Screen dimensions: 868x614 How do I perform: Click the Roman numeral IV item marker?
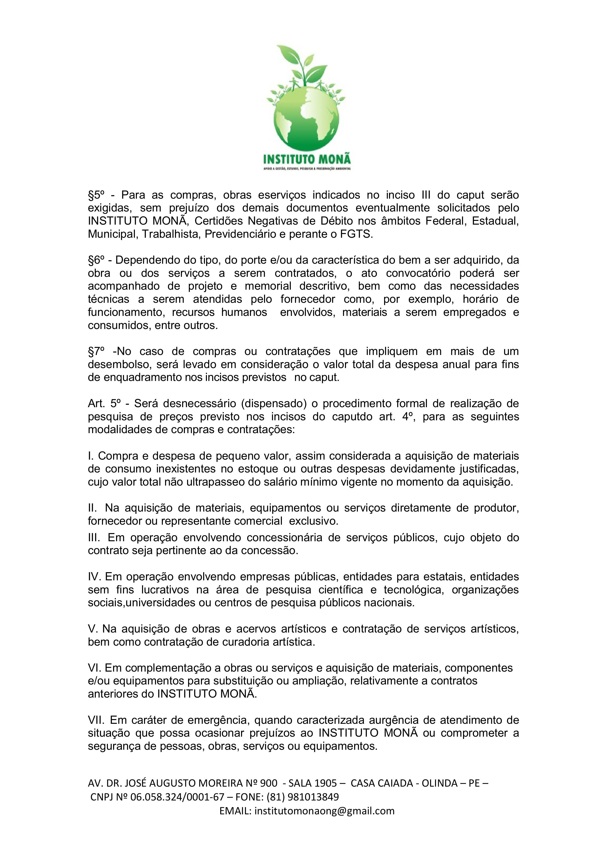pos(94,577)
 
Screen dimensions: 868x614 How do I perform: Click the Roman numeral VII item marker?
pos(96,720)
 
